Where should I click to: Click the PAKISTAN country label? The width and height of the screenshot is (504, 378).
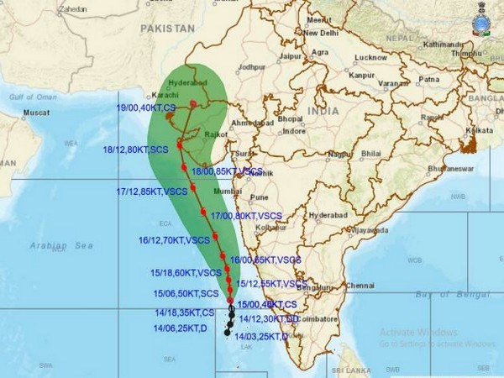point(167,28)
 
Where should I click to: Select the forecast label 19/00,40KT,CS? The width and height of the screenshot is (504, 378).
point(146,108)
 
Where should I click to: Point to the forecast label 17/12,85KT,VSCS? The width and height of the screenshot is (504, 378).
point(152,192)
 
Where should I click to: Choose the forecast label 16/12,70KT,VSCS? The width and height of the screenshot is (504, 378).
point(173,239)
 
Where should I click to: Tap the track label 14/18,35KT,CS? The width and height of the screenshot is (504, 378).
point(185,311)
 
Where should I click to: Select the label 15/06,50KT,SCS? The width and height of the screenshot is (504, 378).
point(186,293)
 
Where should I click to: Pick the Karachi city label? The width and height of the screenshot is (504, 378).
point(159,95)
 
